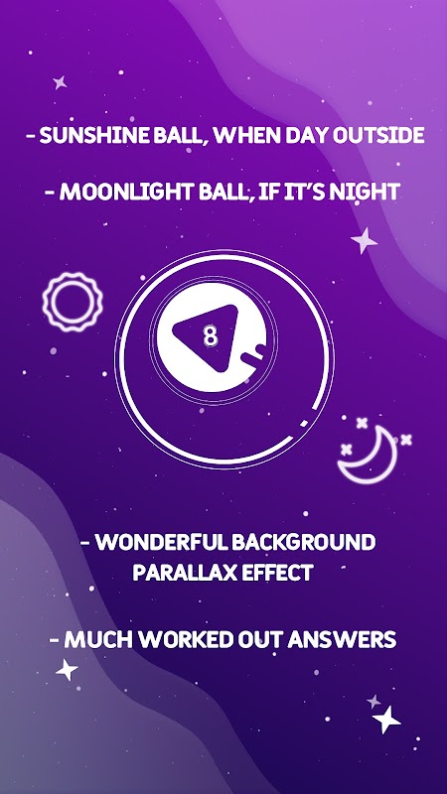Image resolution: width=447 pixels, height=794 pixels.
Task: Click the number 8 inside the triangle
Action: (x=210, y=336)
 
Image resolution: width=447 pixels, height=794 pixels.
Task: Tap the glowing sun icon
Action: (x=73, y=303)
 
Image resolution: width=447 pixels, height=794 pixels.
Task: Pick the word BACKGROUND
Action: (x=304, y=542)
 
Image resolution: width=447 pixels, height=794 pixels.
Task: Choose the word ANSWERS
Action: (x=342, y=640)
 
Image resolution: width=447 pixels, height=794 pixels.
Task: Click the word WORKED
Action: (x=184, y=640)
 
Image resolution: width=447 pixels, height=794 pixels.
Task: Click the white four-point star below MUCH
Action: (x=67, y=670)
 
